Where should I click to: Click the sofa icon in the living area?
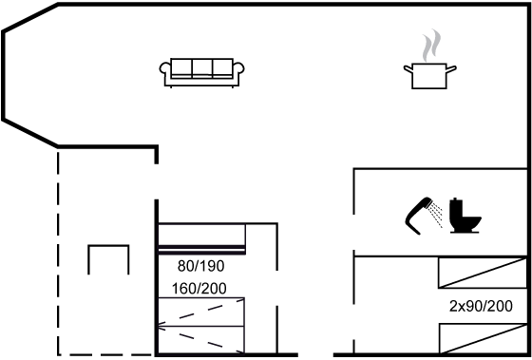[201, 73]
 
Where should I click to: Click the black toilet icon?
[465, 216]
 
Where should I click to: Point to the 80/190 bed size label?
[200, 266]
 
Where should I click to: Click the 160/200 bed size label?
[199, 289]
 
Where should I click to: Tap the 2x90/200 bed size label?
[481, 307]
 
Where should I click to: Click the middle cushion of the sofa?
[202, 67]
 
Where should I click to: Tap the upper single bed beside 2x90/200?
[483, 273]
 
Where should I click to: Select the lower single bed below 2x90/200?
[483, 338]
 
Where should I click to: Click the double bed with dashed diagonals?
[200, 326]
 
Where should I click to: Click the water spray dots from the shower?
[435, 215]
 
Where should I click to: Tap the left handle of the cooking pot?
[408, 68]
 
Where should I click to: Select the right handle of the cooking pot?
[451, 68]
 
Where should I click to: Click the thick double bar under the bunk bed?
[201, 250]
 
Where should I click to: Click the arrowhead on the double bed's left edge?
[160, 327]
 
